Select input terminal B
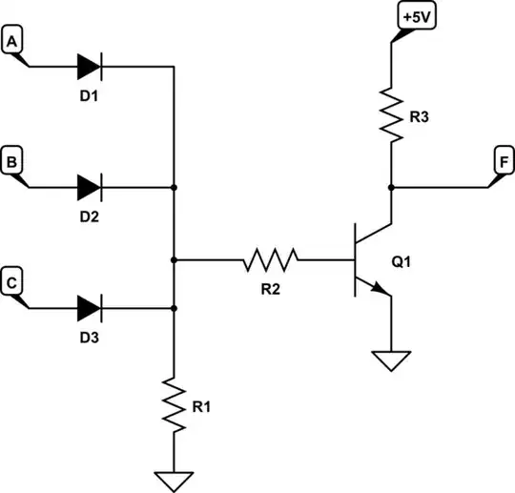[12, 162]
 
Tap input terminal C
[12, 282]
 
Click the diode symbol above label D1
[90, 66]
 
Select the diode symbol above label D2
[90, 187]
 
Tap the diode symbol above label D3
[90, 308]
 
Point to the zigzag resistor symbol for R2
[271, 258]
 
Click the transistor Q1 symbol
[368, 258]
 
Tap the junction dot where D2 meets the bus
[174, 187]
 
